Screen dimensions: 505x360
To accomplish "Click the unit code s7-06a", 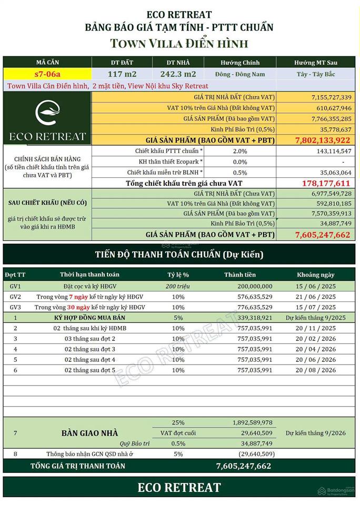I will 47,74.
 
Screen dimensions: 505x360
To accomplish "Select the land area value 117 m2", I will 122,74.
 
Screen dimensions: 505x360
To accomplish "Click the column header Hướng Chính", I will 239,63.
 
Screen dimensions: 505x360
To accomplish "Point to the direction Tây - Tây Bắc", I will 315,74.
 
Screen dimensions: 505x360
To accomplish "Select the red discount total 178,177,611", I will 326,183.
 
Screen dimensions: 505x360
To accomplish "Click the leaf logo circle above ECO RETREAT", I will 46,113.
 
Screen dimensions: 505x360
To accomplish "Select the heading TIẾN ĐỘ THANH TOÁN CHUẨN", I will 179,255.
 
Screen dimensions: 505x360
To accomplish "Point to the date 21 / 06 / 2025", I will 315,297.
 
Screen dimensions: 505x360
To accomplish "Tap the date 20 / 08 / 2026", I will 315,370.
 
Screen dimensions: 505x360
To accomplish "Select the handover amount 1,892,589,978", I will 252,422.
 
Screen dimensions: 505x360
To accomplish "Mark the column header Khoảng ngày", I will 315,275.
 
